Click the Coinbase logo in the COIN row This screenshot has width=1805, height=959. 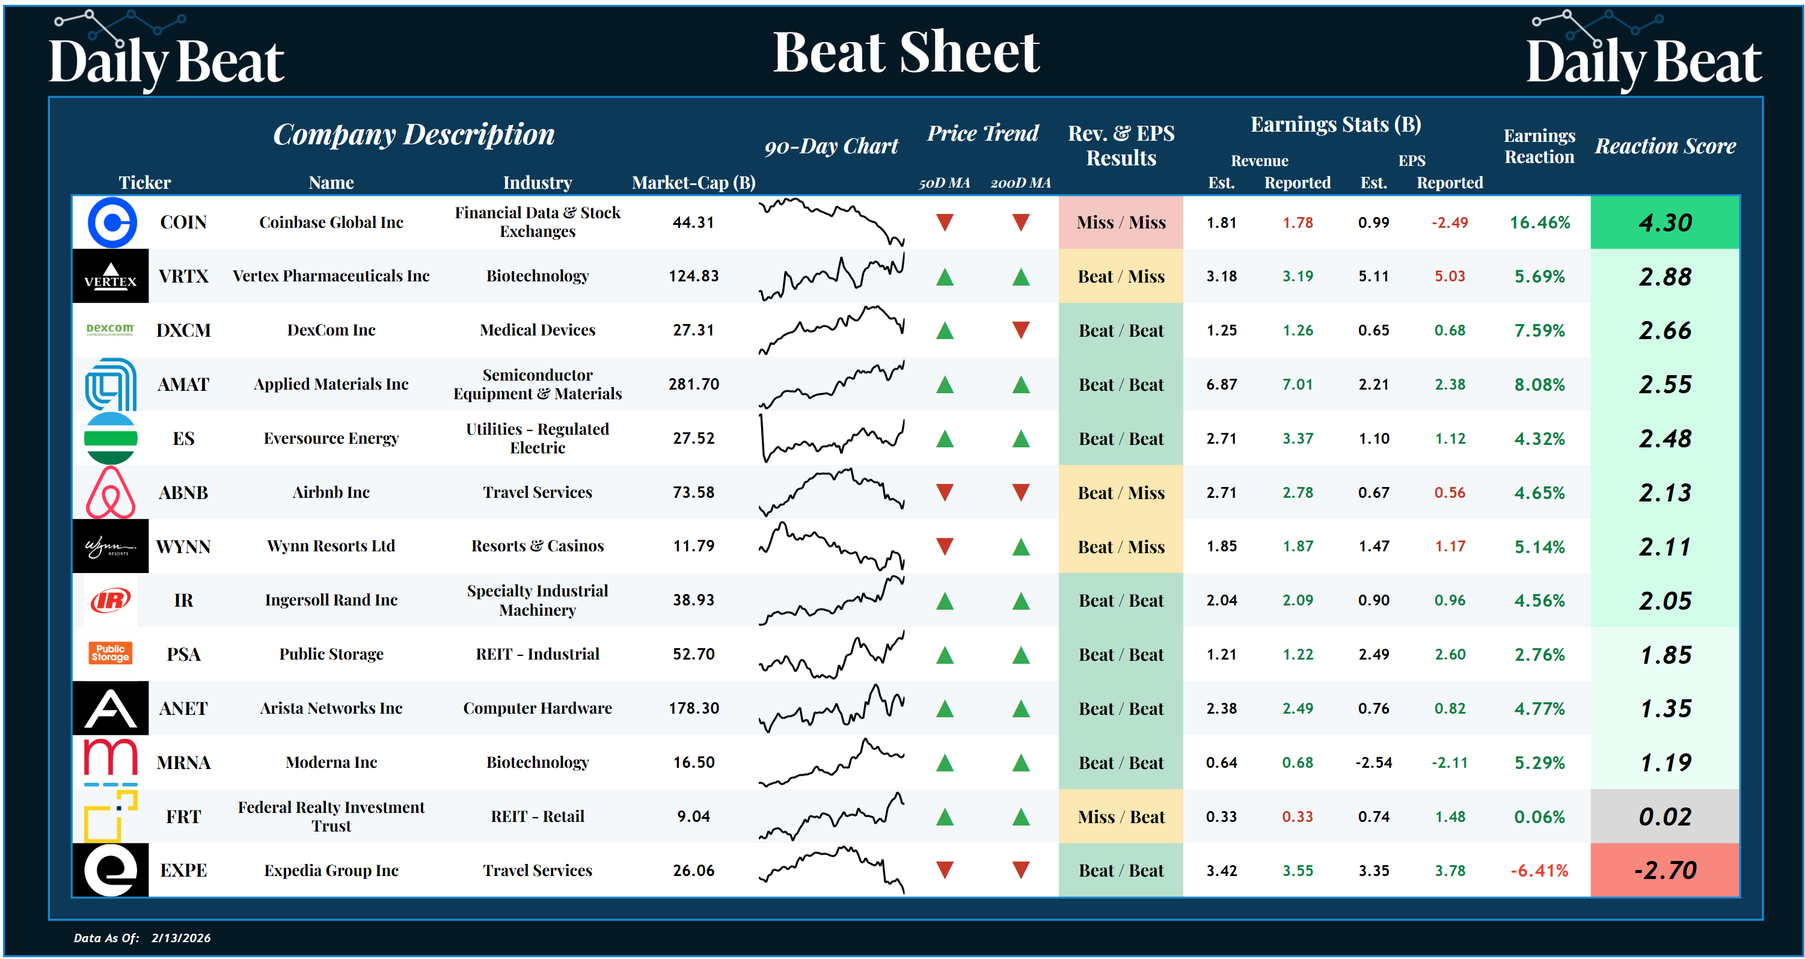click(x=111, y=222)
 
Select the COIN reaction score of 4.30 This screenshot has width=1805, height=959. click(x=1665, y=222)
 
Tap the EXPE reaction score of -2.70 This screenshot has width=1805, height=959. click(x=1665, y=870)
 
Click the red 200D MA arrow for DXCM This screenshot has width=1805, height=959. click(x=1021, y=330)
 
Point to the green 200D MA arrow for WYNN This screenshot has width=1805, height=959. click(x=1021, y=547)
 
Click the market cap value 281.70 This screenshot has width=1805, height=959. click(x=694, y=384)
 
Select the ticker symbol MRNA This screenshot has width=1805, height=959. click(x=183, y=762)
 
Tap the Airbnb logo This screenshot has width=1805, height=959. click(x=111, y=492)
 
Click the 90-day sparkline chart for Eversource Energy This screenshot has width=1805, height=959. click(x=832, y=438)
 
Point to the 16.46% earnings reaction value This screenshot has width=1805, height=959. click(x=1539, y=222)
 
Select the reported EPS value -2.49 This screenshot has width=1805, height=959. click(x=1449, y=222)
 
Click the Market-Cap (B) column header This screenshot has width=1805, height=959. click(x=694, y=183)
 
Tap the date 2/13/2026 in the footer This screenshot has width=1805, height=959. click(x=181, y=938)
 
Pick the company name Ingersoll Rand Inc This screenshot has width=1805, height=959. click(x=331, y=600)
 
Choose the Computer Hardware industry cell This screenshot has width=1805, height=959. click(x=538, y=708)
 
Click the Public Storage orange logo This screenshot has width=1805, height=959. click(x=110, y=653)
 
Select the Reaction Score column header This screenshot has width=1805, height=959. click(x=1665, y=146)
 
